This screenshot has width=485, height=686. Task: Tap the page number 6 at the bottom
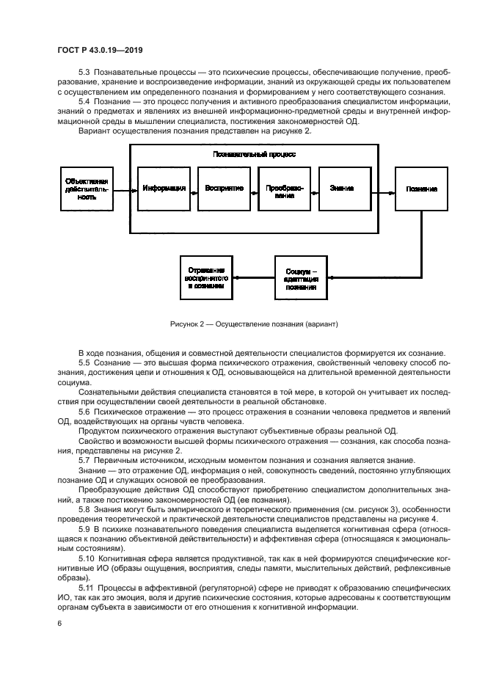[59, 623]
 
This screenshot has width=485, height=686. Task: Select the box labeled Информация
[164, 189]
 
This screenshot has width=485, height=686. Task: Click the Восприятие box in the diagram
[224, 189]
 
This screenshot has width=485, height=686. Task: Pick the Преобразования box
[284, 189]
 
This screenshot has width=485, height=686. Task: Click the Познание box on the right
[421, 189]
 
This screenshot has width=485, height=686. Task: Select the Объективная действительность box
[87, 189]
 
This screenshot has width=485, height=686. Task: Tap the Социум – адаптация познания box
[302, 277]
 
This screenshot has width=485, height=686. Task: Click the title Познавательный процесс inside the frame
[254, 155]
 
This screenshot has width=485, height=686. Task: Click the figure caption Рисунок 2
[253, 324]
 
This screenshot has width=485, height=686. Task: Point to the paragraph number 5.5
[84, 365]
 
